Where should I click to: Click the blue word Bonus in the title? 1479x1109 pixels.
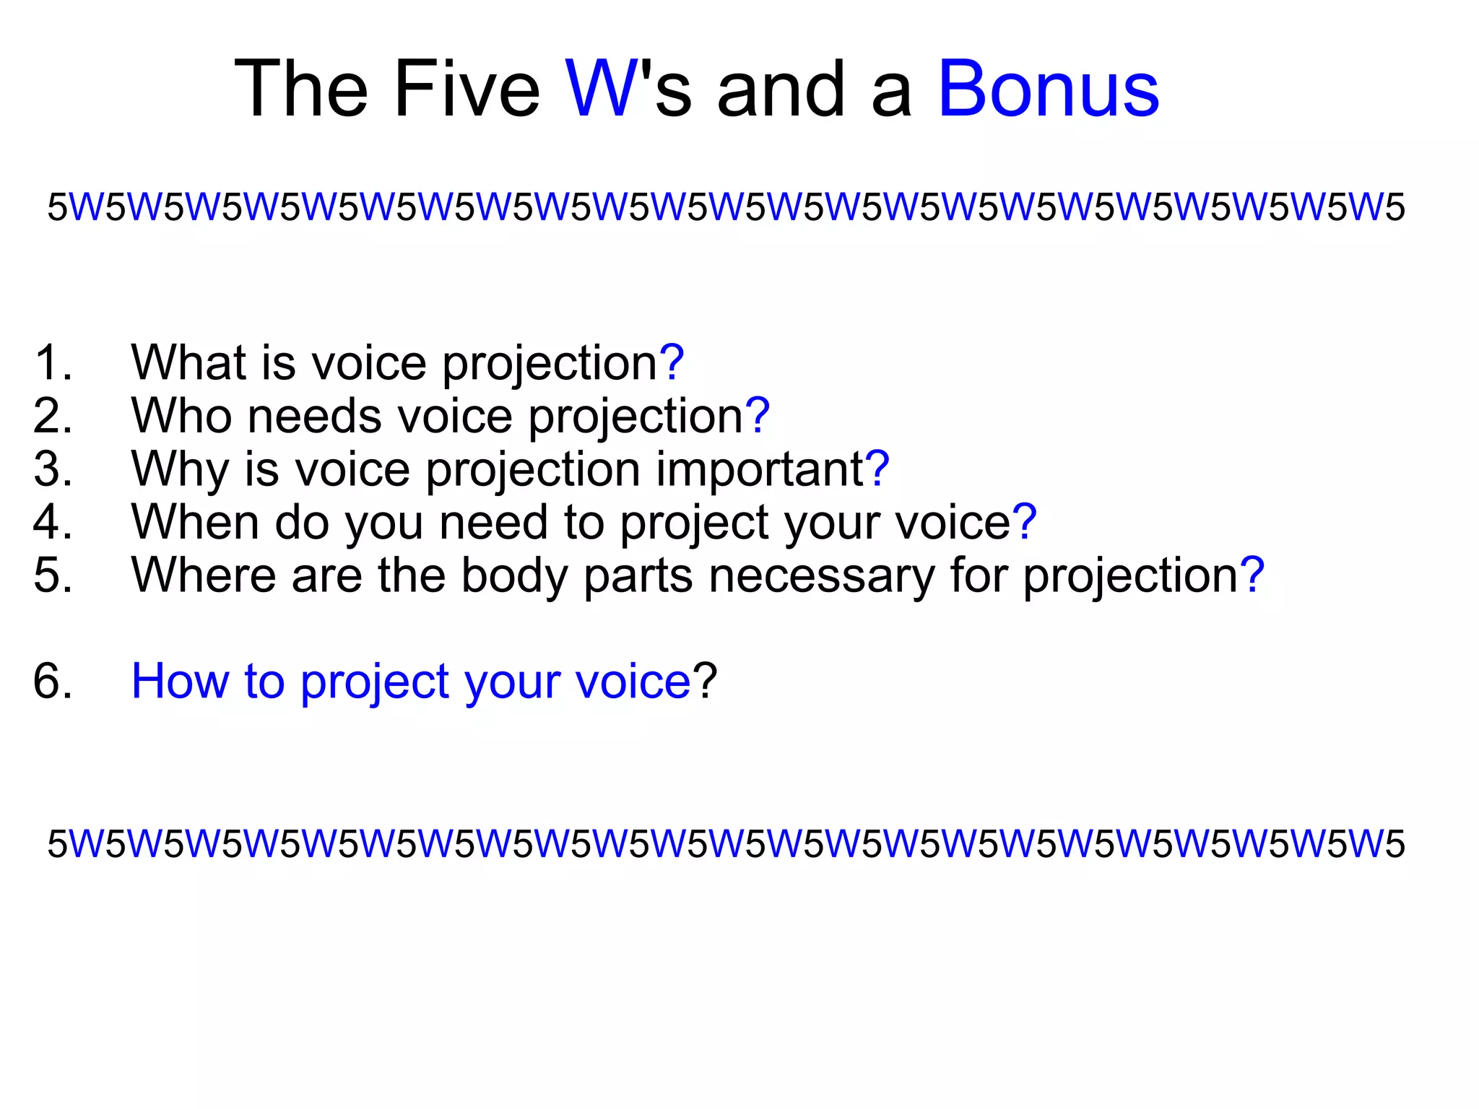[x=1048, y=89]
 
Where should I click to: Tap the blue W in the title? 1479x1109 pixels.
[x=602, y=89]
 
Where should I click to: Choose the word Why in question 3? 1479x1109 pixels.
[x=180, y=469]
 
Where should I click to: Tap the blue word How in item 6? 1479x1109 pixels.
[x=180, y=681]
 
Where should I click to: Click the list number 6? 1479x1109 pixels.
[x=52, y=681]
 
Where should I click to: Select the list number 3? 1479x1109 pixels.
[x=52, y=469]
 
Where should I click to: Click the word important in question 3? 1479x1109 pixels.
[x=760, y=469]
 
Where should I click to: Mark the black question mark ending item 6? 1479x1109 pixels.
[x=705, y=681]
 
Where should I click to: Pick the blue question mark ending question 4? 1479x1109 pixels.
[x=1024, y=522]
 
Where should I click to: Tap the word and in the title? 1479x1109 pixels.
[x=781, y=89]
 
